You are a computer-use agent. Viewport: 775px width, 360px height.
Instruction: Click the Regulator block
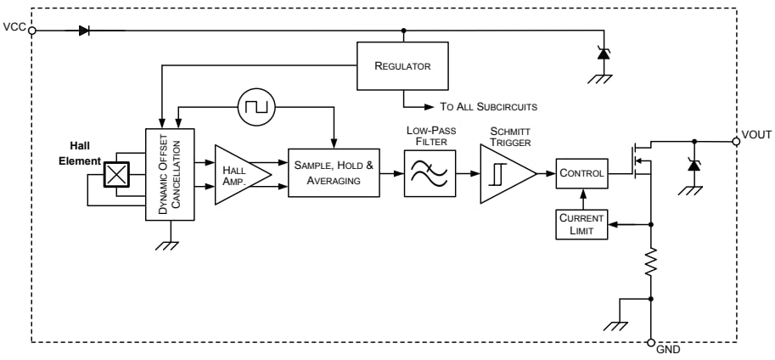pyautogui.click(x=402, y=65)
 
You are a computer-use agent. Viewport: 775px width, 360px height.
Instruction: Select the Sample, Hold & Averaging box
pyautogui.click(x=334, y=172)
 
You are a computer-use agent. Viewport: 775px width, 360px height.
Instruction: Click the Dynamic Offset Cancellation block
pyautogui.click(x=171, y=174)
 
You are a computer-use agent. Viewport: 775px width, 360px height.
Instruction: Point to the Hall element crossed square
pyautogui.click(x=115, y=173)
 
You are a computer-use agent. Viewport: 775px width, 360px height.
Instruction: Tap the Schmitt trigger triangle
pyautogui.click(x=504, y=173)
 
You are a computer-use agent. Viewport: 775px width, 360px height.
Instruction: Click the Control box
pyautogui.click(x=581, y=173)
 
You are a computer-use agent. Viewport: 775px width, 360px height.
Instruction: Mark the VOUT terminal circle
pyautogui.click(x=736, y=141)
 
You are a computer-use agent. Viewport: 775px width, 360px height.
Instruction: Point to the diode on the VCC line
pyautogui.click(x=84, y=30)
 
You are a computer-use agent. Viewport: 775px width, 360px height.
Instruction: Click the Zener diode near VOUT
pyautogui.click(x=694, y=165)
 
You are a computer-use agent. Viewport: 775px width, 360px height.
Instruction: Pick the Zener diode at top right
pyautogui.click(x=603, y=53)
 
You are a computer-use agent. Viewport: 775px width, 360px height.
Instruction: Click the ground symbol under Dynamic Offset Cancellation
pyautogui.click(x=171, y=244)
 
